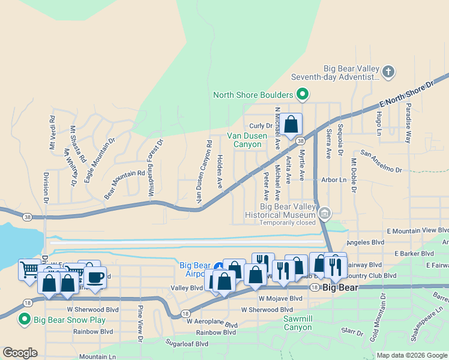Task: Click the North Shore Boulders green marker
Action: tap(303, 94)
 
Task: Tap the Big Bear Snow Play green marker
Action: tap(25, 318)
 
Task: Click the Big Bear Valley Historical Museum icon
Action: tap(325, 214)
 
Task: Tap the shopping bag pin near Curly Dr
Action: tap(291, 125)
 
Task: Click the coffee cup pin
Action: tap(95, 277)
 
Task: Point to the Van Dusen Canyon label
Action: tap(244, 140)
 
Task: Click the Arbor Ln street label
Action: tap(334, 179)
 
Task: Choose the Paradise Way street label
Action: tap(408, 122)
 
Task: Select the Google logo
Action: tap(20, 353)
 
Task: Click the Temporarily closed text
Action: tap(288, 223)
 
